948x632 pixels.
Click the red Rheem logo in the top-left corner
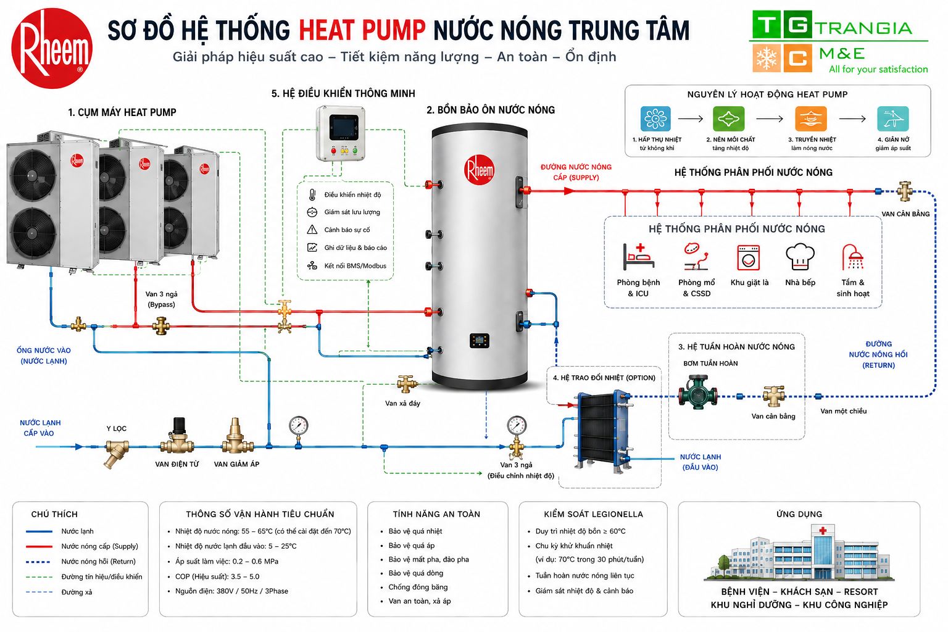[52, 48]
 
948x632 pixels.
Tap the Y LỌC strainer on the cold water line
[117, 452]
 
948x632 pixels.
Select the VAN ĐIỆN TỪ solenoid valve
[177, 436]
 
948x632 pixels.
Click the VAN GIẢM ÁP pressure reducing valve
[236, 436]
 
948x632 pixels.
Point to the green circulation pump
[698, 391]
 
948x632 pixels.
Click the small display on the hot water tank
[480, 340]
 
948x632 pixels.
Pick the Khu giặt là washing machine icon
[748, 257]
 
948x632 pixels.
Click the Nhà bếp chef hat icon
[800, 257]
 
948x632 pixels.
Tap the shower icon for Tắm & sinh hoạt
[852, 257]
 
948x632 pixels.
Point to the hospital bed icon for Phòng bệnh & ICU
[639, 257]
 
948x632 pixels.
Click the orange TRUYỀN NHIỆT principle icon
[811, 118]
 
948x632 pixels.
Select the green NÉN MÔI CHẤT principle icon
[728, 118]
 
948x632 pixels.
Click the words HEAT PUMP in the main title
[362, 30]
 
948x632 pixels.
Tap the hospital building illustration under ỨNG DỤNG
[799, 552]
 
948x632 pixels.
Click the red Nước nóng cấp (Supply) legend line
[39, 546]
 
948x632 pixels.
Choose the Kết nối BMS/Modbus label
[355, 266]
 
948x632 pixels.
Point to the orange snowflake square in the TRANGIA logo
[766, 58]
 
